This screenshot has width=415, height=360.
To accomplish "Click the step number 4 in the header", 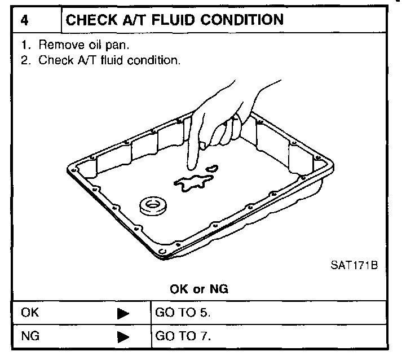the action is [25, 21].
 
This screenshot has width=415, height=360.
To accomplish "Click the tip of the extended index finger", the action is [191, 168].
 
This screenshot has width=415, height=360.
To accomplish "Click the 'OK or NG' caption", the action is [199, 289].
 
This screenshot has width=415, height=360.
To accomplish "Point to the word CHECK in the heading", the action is [90, 20].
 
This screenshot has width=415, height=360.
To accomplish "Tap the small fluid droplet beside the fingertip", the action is [212, 168].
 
